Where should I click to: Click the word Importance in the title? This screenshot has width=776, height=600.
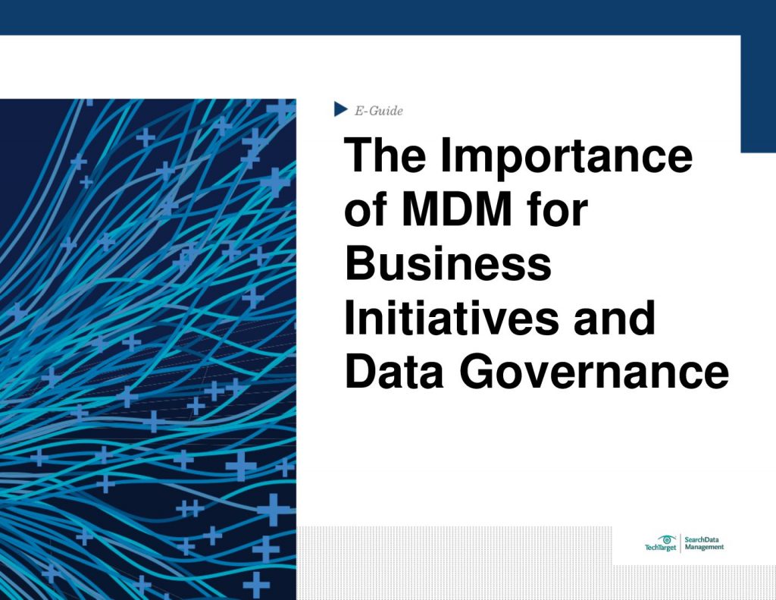567,157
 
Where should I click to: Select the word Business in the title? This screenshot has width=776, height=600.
448,264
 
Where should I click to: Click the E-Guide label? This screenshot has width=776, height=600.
379,111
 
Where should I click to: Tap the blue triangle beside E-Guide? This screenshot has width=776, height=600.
341,110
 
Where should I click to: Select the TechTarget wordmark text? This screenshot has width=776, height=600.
660,548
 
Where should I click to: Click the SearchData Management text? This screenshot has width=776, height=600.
704,543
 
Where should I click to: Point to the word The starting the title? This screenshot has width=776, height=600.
386,157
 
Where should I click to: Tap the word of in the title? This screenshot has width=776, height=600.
367,210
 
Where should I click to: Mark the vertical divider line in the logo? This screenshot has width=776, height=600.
680,543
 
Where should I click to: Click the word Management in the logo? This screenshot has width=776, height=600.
704,547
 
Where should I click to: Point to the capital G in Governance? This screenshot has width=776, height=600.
478,373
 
